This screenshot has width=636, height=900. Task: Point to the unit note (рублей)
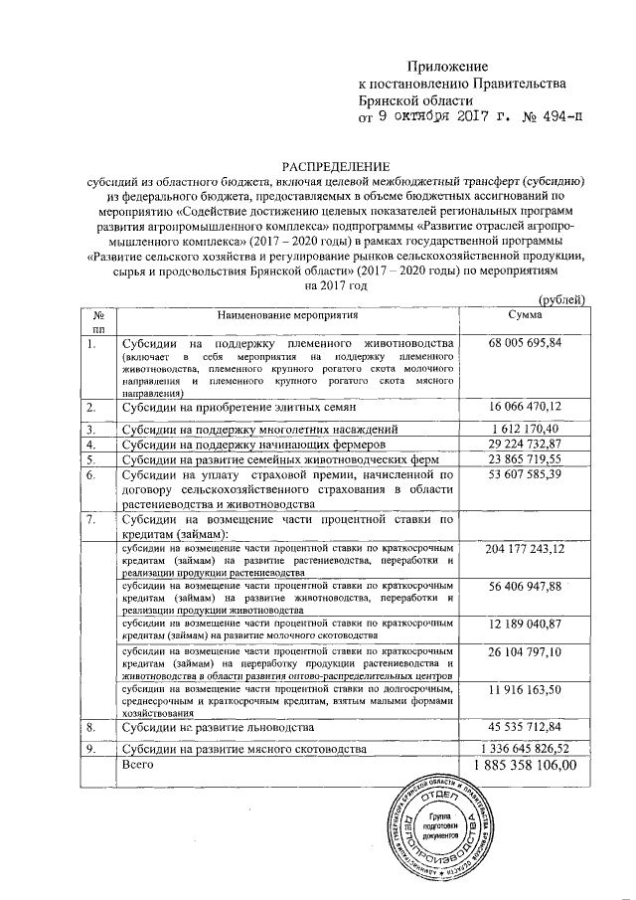point(562,301)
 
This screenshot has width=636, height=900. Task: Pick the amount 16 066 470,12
point(525,407)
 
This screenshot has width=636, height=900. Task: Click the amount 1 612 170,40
point(525,428)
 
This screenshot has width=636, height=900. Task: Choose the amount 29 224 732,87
point(525,444)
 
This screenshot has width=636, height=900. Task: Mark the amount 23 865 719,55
point(525,459)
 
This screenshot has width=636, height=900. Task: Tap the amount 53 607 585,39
point(525,475)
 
